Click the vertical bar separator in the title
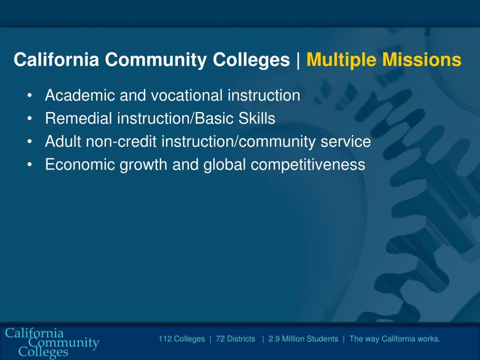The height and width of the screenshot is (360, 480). pos(298,60)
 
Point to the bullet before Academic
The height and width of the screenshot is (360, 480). pos(30,96)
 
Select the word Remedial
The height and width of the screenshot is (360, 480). pos(79,119)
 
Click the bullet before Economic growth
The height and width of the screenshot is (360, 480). pos(30,165)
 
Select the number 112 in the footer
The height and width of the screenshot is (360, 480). pos(165,339)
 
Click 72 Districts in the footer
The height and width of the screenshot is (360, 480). pos(235,339)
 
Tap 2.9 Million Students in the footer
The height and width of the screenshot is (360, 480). pos(303,339)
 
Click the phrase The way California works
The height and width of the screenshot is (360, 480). pos(395,339)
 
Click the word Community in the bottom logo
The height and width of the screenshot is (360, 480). pos(64,343)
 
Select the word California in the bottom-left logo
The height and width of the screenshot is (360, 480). pos(34,333)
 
